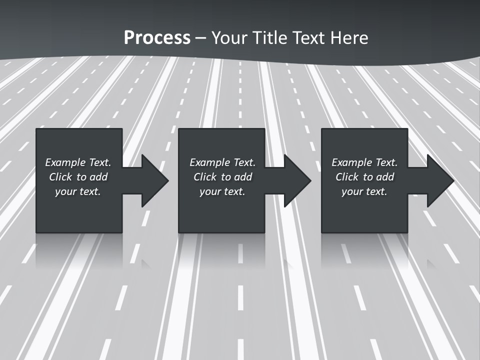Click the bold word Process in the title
pyautogui.click(x=157, y=38)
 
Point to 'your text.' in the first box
pyautogui.click(x=78, y=191)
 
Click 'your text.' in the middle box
pyautogui.click(x=222, y=191)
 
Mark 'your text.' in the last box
pyautogui.click(x=364, y=191)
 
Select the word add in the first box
pyautogui.click(x=98, y=177)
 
